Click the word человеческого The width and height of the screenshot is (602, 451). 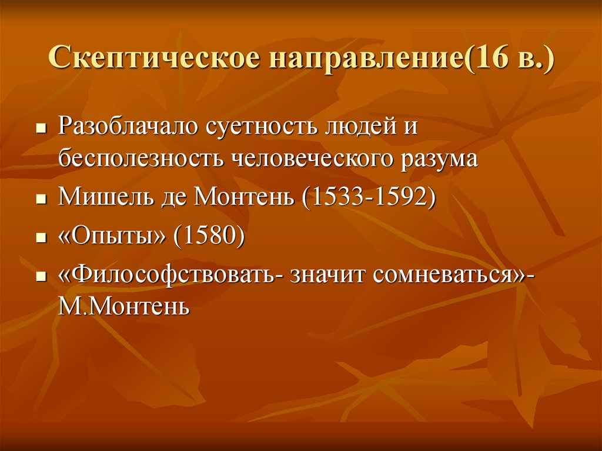pyautogui.click(x=313, y=158)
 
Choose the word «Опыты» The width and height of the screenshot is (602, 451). pyautogui.click(x=112, y=236)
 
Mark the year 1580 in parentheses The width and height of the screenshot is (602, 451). pyautogui.click(x=209, y=235)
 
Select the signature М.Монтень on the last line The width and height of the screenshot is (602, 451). pyautogui.click(x=124, y=306)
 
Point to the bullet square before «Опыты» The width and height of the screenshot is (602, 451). pyautogui.click(x=41, y=238)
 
